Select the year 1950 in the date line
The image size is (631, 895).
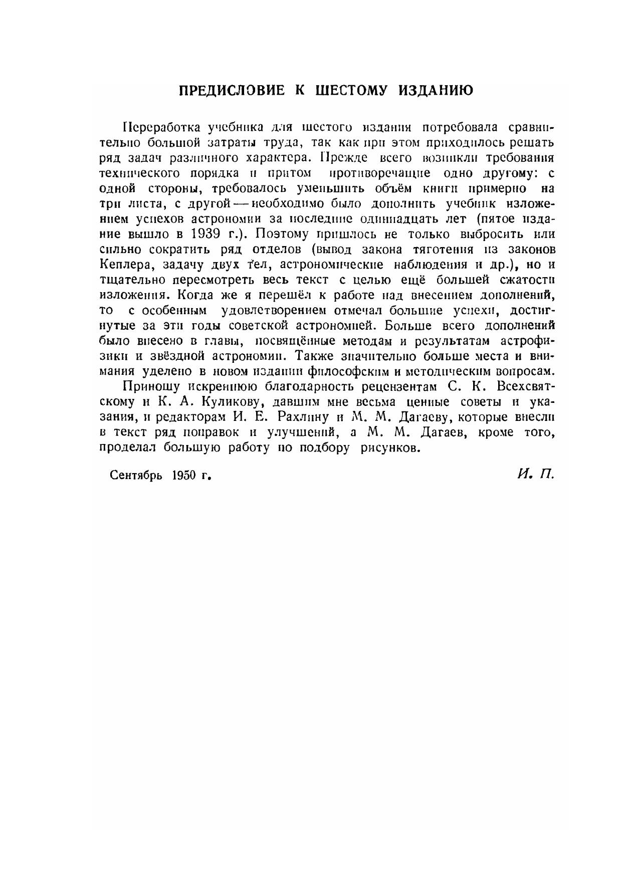pyautogui.click(x=183, y=475)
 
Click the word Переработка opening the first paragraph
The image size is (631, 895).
pyautogui.click(x=161, y=127)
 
